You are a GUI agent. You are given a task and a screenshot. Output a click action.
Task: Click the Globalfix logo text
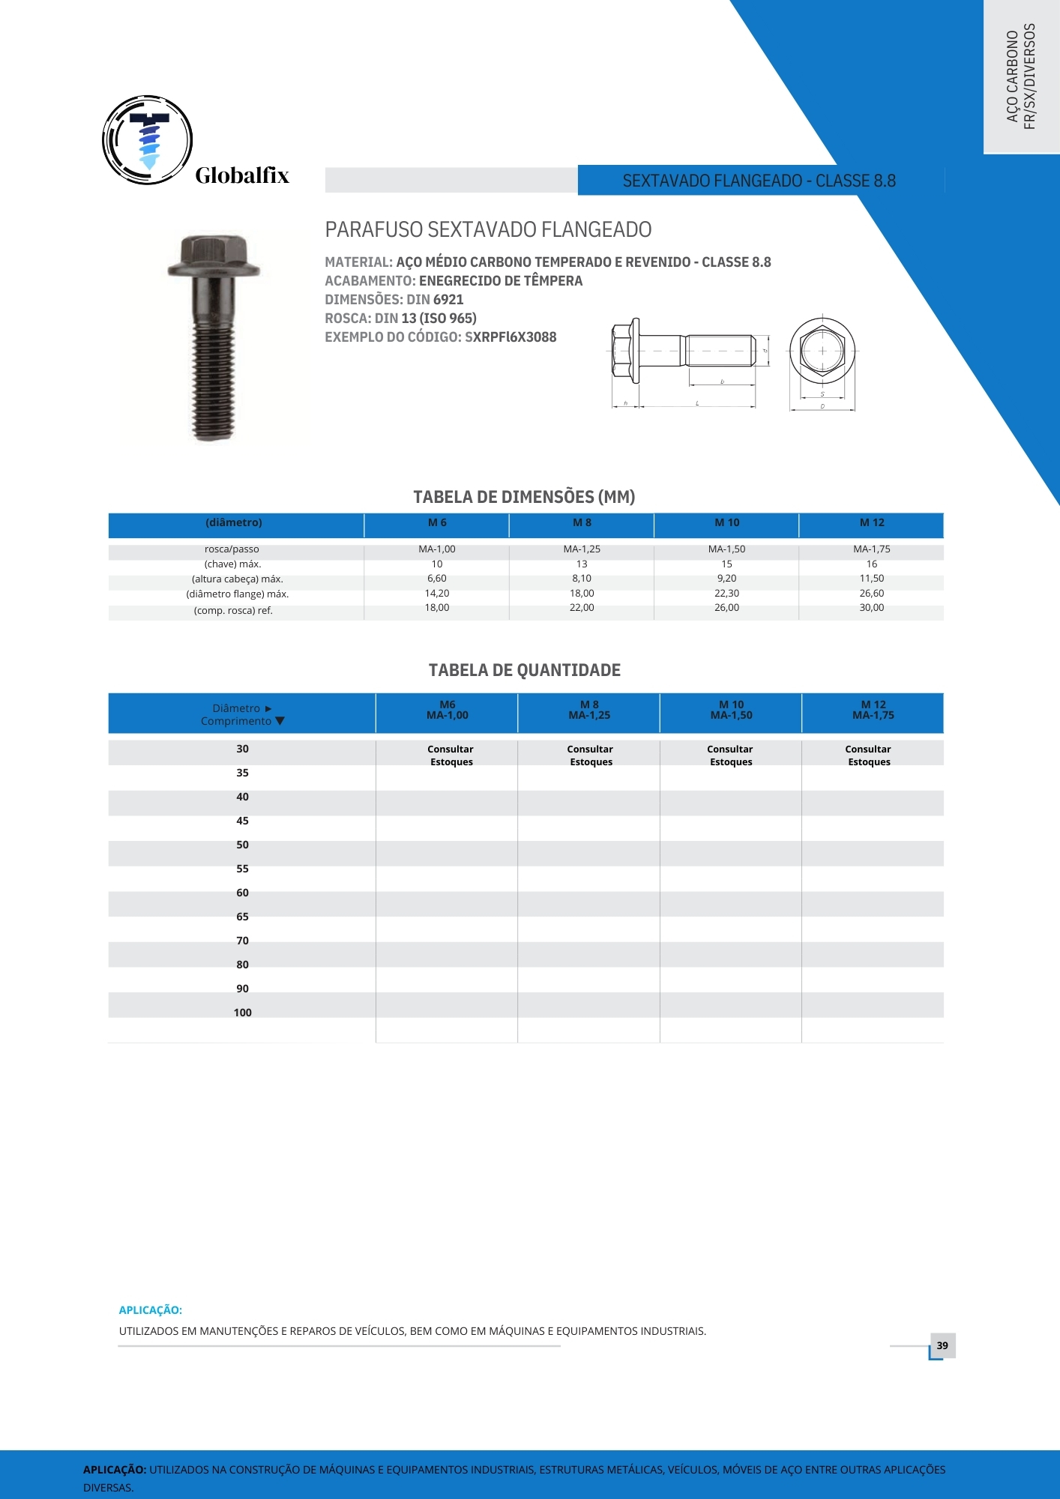[x=241, y=176]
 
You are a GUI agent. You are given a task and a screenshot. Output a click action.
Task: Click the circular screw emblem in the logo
[x=148, y=140]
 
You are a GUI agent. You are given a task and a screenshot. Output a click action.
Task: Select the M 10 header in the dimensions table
[x=726, y=523]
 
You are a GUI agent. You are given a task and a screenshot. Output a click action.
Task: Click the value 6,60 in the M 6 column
[x=437, y=579]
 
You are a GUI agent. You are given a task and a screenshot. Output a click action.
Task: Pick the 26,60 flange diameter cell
[x=871, y=594]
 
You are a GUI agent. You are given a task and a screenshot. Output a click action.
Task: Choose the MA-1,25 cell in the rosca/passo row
[x=582, y=549]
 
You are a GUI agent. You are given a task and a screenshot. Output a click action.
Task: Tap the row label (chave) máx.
[x=232, y=564]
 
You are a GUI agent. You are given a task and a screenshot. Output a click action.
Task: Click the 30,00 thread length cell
[x=871, y=608]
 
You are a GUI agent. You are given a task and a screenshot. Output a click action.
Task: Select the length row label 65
[x=242, y=917]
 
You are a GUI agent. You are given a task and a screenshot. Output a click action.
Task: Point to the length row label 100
[x=242, y=1013]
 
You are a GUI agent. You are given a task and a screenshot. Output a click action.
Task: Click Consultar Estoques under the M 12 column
[x=869, y=755]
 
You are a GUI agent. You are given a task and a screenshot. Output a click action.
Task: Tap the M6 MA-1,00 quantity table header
[x=447, y=711]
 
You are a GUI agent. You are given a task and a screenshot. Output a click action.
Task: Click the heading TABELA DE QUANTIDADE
[x=524, y=670]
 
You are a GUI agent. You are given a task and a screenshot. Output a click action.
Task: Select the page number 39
[x=942, y=1345]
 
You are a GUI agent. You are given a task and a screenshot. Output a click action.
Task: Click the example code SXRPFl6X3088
[x=511, y=337]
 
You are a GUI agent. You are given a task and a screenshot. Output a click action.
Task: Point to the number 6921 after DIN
[x=448, y=300]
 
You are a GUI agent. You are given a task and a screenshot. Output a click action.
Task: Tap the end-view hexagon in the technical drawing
[x=822, y=350]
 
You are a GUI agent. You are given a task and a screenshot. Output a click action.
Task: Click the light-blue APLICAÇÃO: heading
[x=150, y=1310]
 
